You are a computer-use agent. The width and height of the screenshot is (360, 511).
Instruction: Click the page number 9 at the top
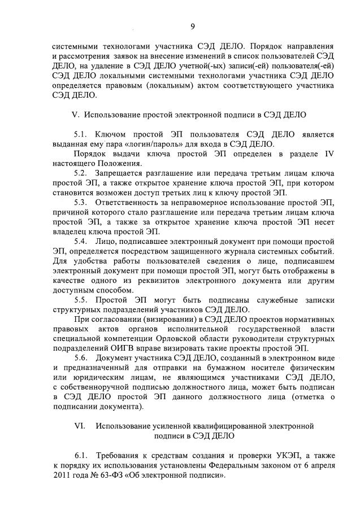(x=192, y=25)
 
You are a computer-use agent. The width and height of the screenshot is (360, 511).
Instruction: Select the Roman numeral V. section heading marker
(x=76, y=115)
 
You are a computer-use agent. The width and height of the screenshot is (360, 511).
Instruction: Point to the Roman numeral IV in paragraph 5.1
(x=326, y=154)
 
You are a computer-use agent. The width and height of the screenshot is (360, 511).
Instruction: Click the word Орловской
(x=189, y=338)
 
